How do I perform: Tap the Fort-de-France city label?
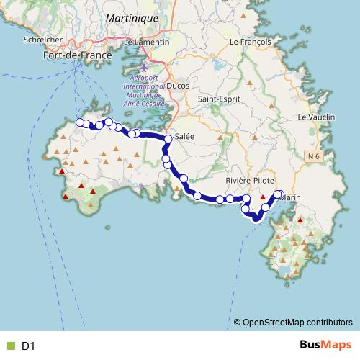coord(77,55)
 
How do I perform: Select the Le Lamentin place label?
coord(146,42)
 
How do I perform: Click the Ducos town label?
coord(177,85)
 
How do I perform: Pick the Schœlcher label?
coord(41,40)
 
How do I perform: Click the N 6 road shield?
coord(311,156)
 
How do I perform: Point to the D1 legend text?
coord(28,346)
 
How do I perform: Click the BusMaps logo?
coord(323,346)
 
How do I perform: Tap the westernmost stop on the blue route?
coord(80,122)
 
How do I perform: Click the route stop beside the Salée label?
coord(168,138)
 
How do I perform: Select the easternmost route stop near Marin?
coord(279,194)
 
